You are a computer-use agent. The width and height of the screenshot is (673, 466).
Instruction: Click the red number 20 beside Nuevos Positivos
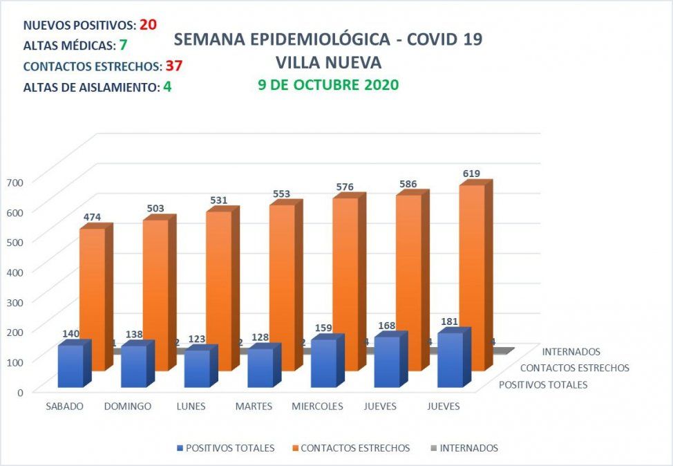(x=148, y=25)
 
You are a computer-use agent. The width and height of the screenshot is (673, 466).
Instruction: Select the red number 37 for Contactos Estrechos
(x=173, y=66)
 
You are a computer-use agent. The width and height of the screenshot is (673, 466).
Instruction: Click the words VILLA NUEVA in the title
(x=328, y=62)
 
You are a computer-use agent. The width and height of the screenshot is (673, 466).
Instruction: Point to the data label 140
(x=70, y=333)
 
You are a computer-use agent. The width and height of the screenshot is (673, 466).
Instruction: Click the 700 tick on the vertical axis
(x=15, y=181)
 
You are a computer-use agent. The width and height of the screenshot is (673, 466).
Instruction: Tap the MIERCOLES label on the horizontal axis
(x=316, y=407)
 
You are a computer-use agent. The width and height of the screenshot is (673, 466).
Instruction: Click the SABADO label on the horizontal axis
(x=64, y=407)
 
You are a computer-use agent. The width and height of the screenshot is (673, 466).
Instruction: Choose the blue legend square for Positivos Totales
(x=181, y=448)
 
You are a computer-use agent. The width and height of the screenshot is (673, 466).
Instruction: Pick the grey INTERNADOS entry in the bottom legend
(x=468, y=448)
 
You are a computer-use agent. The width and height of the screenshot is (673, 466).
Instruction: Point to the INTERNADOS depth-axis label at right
(x=571, y=352)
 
